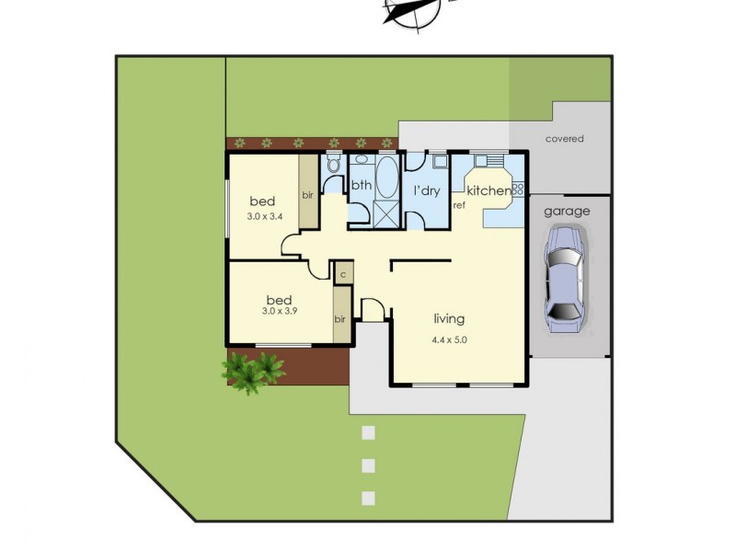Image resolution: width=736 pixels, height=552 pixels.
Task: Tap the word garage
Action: click(567, 211)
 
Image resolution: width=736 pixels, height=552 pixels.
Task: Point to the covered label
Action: click(564, 139)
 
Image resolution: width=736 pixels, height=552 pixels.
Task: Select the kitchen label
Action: click(489, 190)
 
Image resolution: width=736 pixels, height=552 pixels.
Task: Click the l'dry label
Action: click(426, 190)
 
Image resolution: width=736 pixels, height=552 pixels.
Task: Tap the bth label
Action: click(361, 185)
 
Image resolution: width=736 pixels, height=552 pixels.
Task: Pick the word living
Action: click(449, 319)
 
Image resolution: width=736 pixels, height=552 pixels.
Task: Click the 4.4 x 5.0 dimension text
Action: click(450, 339)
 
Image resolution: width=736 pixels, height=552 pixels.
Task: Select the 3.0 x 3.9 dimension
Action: click(279, 312)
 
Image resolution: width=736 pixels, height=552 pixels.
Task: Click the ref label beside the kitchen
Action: click(459, 205)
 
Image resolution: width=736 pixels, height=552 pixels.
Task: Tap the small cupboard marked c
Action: click(342, 273)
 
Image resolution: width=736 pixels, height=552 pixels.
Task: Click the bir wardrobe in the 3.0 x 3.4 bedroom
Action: click(306, 194)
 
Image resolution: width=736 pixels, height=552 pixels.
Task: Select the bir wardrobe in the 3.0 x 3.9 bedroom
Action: click(340, 317)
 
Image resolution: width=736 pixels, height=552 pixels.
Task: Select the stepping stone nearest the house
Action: click(369, 432)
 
